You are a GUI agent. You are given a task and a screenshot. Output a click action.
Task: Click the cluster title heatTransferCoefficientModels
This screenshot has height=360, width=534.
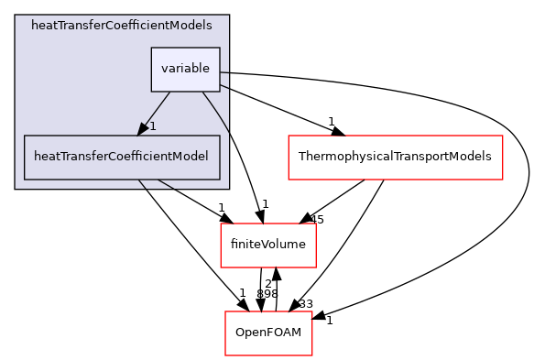point(115,26)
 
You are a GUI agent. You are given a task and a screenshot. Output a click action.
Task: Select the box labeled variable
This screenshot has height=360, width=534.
point(186,69)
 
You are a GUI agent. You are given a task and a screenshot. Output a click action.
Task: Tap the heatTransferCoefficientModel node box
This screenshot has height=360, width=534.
point(122,157)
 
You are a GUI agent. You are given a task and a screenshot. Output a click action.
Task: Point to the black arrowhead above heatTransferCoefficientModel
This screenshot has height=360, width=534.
point(144,128)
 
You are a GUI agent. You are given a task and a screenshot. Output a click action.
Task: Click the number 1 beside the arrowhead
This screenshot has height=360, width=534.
point(153,125)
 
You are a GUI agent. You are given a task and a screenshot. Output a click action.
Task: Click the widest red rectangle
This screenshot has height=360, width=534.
point(396,158)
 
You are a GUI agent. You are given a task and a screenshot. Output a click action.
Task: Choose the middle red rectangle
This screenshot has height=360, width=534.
point(268,245)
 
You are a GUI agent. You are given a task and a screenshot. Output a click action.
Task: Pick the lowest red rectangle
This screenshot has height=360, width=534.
point(269,333)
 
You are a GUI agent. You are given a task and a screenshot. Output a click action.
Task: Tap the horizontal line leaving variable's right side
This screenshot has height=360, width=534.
point(224,71)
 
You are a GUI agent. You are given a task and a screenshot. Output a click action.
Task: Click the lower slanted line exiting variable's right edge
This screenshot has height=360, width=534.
point(224,87)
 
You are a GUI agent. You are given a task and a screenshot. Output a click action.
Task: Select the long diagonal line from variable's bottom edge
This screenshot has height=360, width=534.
point(216,113)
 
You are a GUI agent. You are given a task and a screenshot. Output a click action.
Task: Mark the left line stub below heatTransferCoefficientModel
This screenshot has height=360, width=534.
point(143,184)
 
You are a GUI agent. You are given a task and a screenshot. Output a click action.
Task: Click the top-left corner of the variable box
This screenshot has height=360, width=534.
point(152,48)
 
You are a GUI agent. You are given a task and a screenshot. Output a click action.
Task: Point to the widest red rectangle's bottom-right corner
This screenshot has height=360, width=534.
point(503,180)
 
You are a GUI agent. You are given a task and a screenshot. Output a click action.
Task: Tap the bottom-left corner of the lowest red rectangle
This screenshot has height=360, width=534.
point(226,355)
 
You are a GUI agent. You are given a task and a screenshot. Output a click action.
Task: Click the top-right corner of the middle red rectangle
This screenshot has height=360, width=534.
point(316,224)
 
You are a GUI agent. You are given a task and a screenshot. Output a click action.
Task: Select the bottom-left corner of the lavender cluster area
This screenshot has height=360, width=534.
point(16,189)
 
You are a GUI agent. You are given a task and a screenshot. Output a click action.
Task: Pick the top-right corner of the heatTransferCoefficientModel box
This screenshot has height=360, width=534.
point(220,136)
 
